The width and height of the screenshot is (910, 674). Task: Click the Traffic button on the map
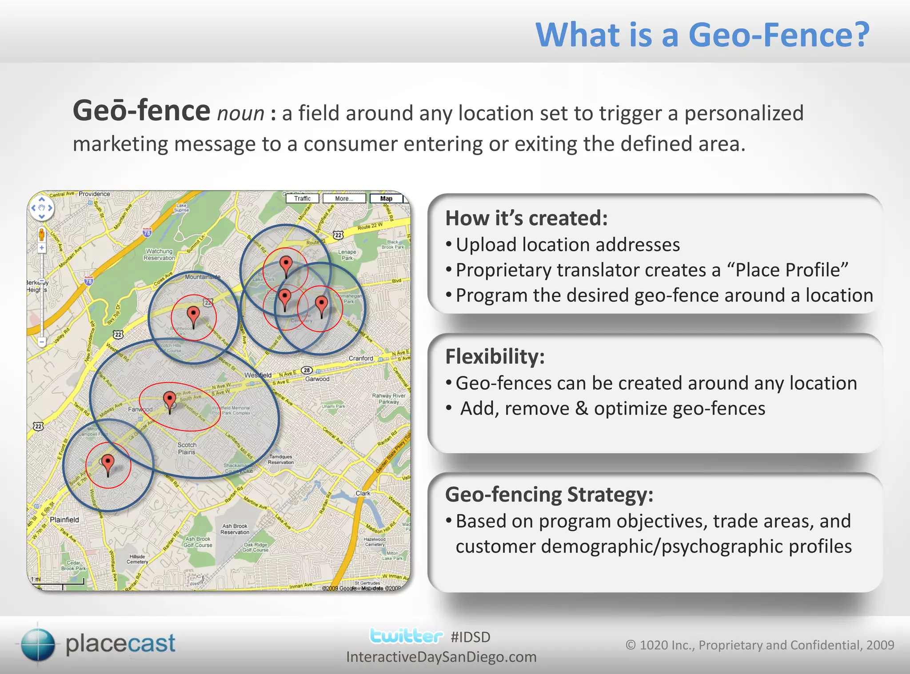coord(302,199)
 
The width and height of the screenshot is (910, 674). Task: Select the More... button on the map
coord(344,199)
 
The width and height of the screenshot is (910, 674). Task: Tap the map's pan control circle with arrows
coord(41,208)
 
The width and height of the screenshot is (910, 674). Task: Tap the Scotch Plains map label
coord(187,448)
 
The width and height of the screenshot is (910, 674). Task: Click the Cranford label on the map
coord(361,358)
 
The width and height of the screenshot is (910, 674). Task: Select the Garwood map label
coord(317,379)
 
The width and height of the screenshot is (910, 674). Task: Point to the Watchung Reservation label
coord(159,255)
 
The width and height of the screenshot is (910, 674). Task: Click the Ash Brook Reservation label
coord(235,529)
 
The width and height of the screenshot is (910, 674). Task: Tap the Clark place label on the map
coord(363,493)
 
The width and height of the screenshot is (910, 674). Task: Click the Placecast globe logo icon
coord(38,644)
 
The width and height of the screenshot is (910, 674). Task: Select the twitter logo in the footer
coord(406,636)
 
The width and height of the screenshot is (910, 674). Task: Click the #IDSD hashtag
coord(470,637)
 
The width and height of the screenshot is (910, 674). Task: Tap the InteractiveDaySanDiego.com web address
coord(441,657)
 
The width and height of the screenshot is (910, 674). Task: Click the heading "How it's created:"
coord(527,218)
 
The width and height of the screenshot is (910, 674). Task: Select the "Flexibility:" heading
coord(495,356)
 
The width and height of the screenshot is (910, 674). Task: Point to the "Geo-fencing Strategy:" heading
coord(549,495)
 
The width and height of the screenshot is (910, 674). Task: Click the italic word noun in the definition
coord(240,114)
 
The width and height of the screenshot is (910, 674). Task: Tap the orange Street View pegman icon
coord(41,234)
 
